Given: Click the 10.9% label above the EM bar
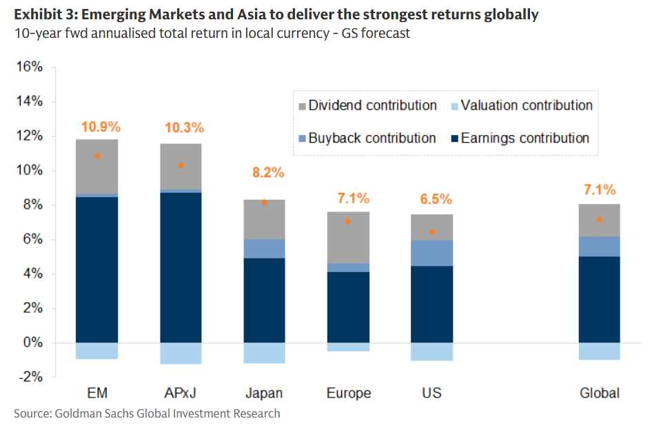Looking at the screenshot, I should pyautogui.click(x=100, y=127).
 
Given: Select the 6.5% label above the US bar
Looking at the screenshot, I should pyautogui.click(x=436, y=200).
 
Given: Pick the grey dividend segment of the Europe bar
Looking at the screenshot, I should pyautogui.click(x=348, y=237).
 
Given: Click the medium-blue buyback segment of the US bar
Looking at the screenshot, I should pyautogui.click(x=431, y=253).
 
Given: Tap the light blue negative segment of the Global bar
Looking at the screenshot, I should pyautogui.click(x=599, y=351).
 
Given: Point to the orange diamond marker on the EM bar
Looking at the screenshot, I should pyautogui.click(x=97, y=156).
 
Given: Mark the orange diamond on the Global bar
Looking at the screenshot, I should pyautogui.click(x=599, y=220).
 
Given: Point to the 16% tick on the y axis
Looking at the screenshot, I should pyautogui.click(x=30, y=68).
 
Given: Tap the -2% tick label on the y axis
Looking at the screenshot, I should pyautogui.click(x=30, y=378).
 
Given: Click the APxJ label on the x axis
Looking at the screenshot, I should pyautogui.click(x=181, y=393).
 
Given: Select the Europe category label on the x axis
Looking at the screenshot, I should pyautogui.click(x=348, y=393).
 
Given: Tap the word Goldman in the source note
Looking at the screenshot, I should pyautogui.click(x=84, y=413).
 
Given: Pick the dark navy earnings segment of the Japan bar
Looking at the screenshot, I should pyautogui.click(x=265, y=300).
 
